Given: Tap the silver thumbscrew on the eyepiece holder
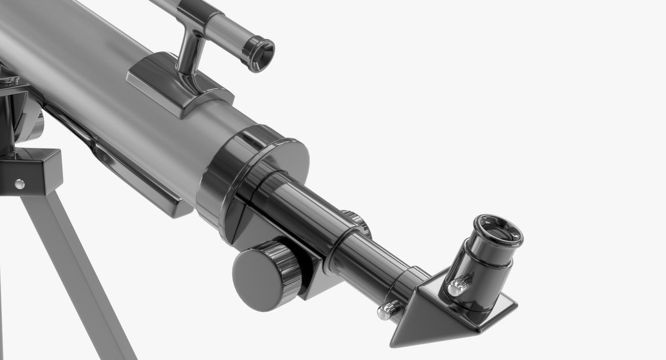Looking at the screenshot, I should coord(458,286).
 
